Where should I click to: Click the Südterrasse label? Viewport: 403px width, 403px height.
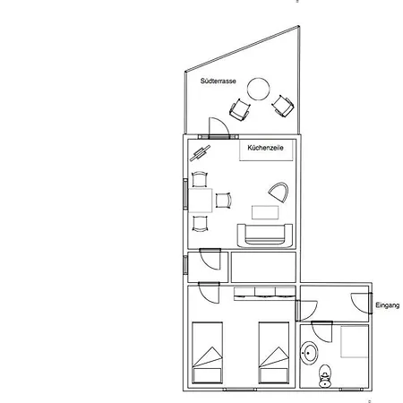pyautogui.click(x=219, y=81)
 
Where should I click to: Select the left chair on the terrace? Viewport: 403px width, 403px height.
pyautogui.click(x=240, y=110)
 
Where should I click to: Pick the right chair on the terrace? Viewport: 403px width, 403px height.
pyautogui.click(x=281, y=106)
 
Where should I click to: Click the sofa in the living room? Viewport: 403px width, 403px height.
pyautogui.click(x=266, y=235)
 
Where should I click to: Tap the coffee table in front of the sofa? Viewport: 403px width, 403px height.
pyautogui.click(x=265, y=213)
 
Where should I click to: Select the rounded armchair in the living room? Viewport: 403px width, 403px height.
pyautogui.click(x=278, y=193)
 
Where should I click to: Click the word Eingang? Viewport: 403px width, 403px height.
pyautogui.click(x=387, y=304)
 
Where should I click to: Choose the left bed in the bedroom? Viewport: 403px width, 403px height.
pyautogui.click(x=210, y=354)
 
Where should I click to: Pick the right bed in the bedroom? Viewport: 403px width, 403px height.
pyautogui.click(x=274, y=354)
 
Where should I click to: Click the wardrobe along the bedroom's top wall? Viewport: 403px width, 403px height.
pyautogui.click(x=264, y=292)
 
